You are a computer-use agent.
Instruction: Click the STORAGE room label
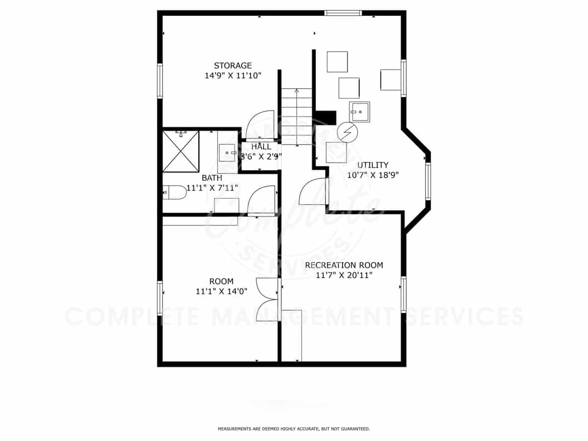pyautogui.click(x=233, y=66)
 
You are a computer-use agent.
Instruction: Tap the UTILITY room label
pyautogui.click(x=373, y=165)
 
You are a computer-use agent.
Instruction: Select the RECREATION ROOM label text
pyautogui.click(x=344, y=266)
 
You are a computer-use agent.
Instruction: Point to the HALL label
pyautogui.click(x=261, y=147)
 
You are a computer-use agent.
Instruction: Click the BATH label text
pyautogui.click(x=212, y=178)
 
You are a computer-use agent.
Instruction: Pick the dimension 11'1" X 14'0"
pyautogui.click(x=221, y=292)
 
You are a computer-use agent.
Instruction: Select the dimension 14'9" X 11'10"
pyautogui.click(x=233, y=76)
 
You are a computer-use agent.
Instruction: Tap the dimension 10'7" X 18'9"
pyautogui.click(x=373, y=175)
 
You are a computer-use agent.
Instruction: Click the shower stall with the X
pyautogui.click(x=181, y=151)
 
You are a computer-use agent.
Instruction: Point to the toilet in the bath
pyautogui.click(x=174, y=192)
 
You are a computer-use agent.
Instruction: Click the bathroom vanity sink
pyautogui.click(x=227, y=152)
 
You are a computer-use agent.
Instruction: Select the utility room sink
pyautogui.click(x=360, y=112)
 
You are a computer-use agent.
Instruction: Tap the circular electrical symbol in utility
pyautogui.click(x=347, y=132)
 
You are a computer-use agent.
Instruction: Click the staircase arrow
pyautogui.click(x=297, y=117)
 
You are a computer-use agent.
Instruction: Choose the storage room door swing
pyautogui.click(x=260, y=125)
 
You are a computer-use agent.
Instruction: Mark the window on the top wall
pyautogui.click(x=343, y=13)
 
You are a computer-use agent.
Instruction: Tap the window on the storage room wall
pyautogui.click(x=160, y=81)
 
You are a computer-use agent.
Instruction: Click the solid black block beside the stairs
pyautogui.click(x=325, y=118)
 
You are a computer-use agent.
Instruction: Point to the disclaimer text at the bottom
pyautogui.click(x=294, y=429)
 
